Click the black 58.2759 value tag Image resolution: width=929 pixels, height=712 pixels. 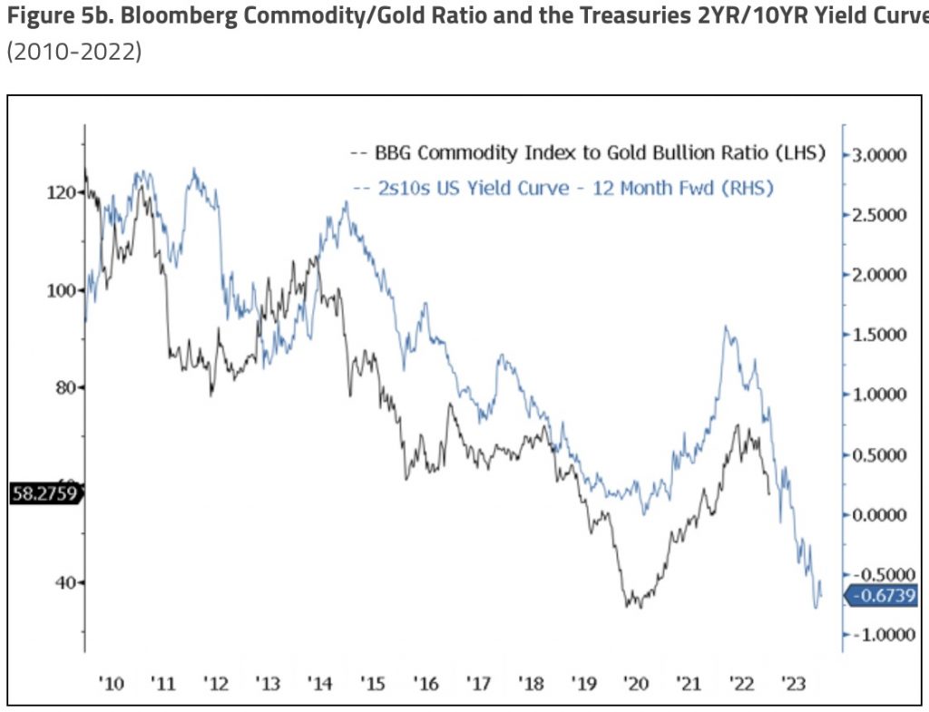[x=45, y=494]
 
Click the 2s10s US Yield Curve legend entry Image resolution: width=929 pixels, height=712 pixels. [x=568, y=189]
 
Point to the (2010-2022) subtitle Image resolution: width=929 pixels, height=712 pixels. [x=73, y=51]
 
